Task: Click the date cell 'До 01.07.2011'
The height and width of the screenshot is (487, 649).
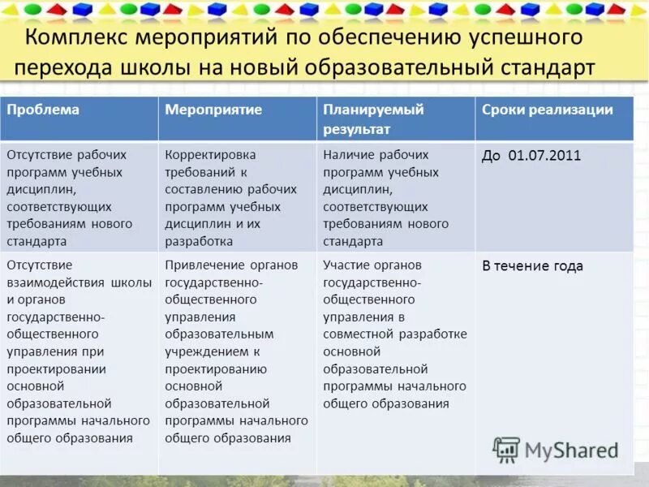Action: click(531, 156)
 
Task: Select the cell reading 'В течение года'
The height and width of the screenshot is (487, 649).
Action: click(532, 266)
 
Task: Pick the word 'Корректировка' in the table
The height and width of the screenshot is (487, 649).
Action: click(210, 154)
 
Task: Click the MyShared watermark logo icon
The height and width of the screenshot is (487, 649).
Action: click(506, 450)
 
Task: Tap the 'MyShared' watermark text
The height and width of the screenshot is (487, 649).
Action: click(571, 450)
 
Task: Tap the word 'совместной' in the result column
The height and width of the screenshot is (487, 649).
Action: click(359, 334)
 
